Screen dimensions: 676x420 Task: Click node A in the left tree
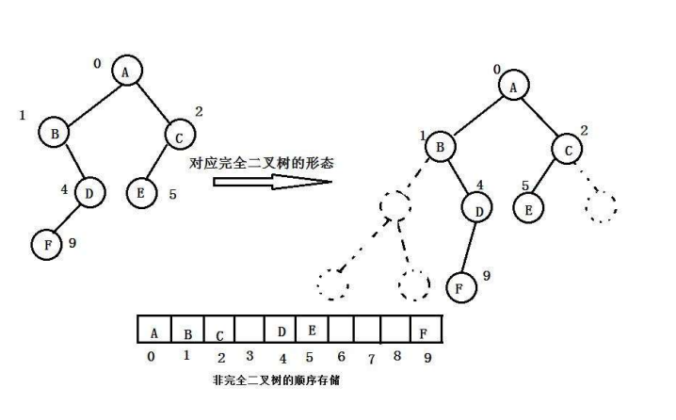[127, 71]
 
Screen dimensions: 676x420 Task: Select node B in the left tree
[54, 134]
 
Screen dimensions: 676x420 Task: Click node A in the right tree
[514, 87]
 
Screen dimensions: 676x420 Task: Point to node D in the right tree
[478, 210]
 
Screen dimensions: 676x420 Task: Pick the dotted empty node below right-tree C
[601, 206]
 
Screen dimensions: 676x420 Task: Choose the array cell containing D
[281, 331]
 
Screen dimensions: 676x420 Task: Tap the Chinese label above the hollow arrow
[262, 162]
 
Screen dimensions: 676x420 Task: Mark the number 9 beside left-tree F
[72, 243]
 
